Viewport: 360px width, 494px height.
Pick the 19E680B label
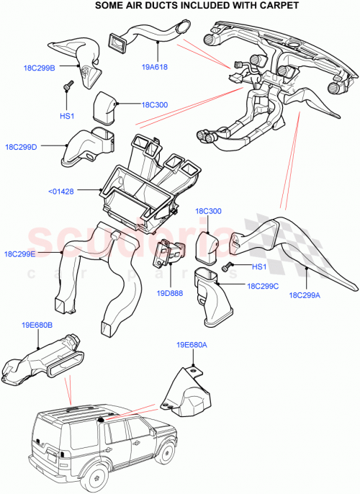coord(35,325)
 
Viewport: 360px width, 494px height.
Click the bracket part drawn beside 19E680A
coord(186,392)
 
